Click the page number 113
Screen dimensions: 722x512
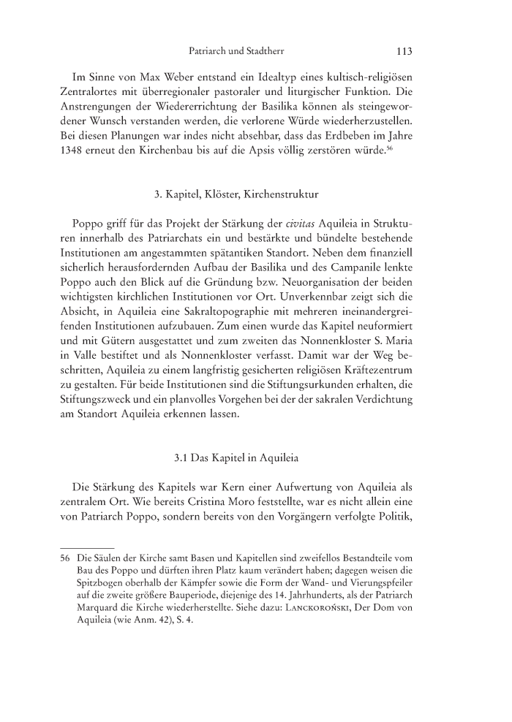[404, 52]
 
